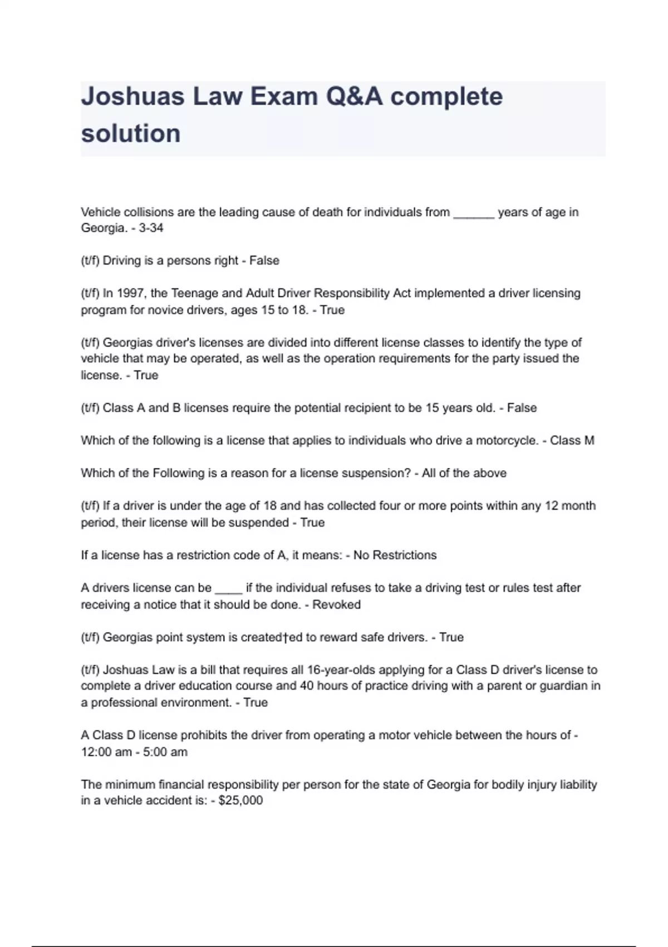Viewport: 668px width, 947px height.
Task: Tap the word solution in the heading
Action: pyautogui.click(x=131, y=134)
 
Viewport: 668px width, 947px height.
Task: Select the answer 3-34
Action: pyautogui.click(x=151, y=228)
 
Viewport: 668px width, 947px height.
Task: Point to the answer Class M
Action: pyautogui.click(x=572, y=441)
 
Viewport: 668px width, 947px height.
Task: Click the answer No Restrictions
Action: pyautogui.click(x=395, y=555)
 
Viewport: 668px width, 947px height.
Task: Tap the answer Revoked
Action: pyautogui.click(x=336, y=604)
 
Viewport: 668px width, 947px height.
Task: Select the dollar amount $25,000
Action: pyautogui.click(x=240, y=800)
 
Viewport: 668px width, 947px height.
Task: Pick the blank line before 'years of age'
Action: pyautogui.click(x=474, y=213)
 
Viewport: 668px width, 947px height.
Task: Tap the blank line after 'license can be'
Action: pyautogui.click(x=228, y=588)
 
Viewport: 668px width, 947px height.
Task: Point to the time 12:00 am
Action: pyautogui.click(x=106, y=752)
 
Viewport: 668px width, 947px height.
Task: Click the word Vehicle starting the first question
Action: pyautogui.click(x=100, y=212)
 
